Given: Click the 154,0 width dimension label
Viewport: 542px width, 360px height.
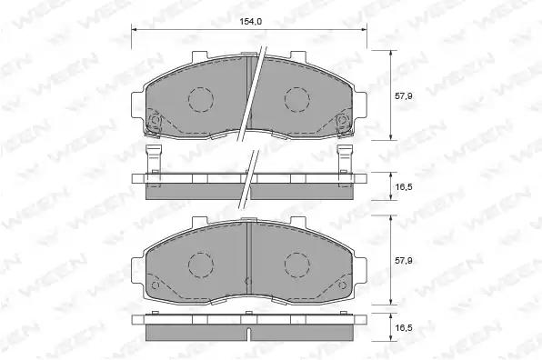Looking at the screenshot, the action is click(251, 22).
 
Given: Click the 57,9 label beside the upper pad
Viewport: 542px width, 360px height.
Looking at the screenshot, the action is click(404, 96).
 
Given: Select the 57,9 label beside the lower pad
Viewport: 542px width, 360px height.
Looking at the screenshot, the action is click(404, 261).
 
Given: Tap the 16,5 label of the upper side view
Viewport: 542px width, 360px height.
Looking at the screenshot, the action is click(404, 187).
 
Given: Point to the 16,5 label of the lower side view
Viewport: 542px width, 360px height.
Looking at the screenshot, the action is click(404, 327).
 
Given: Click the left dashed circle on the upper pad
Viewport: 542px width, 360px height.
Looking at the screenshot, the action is click(201, 99).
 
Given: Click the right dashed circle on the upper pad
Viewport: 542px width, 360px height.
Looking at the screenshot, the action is click(297, 99).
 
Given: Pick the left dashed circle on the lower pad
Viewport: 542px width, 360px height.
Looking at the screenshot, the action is click(201, 265).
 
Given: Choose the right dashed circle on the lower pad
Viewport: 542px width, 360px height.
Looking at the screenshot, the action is click(297, 265).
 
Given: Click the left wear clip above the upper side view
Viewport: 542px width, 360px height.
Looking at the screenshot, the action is click(154, 159).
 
